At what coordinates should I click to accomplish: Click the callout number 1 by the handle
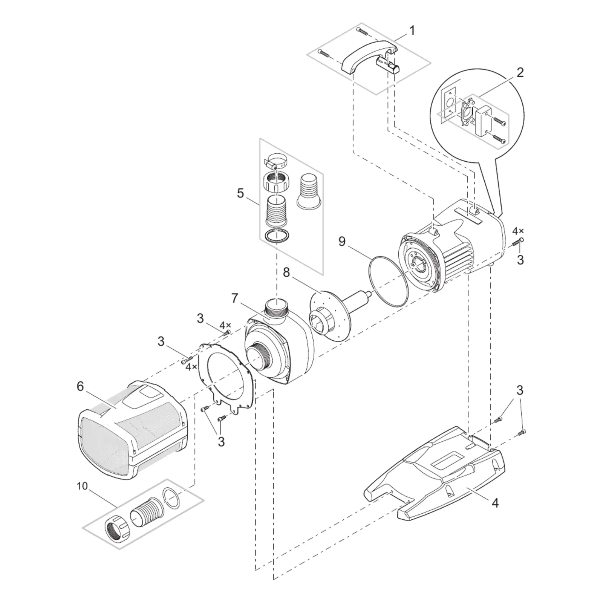(412, 31)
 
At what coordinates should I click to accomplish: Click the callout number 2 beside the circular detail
(520, 72)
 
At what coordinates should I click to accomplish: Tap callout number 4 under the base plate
(495, 502)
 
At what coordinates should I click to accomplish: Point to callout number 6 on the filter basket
(80, 387)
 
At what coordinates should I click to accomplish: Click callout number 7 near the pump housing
(235, 298)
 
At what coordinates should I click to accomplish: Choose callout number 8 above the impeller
(286, 272)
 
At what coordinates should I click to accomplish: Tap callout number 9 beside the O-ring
(342, 241)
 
